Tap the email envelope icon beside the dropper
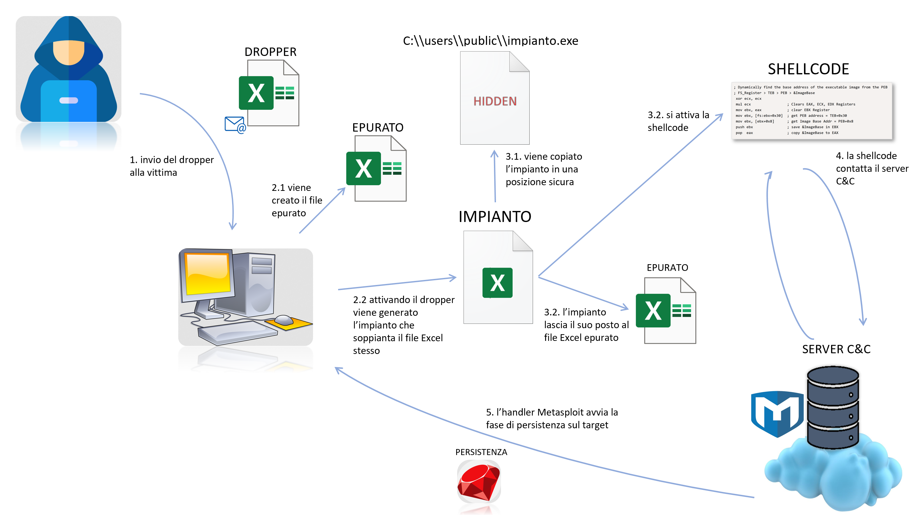[x=235, y=125]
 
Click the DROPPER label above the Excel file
[x=270, y=52]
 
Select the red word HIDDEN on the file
[x=495, y=101]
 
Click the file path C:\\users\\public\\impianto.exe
[x=490, y=41]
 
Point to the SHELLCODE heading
[x=808, y=69]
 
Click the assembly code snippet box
[x=811, y=111]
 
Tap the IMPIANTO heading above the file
[x=495, y=217]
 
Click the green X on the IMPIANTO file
[x=497, y=283]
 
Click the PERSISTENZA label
[x=481, y=452]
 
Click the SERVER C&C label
[x=836, y=349]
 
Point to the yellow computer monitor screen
[x=207, y=273]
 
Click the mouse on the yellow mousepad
[x=284, y=320]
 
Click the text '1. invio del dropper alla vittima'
[x=171, y=166]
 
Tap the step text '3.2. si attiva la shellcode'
[x=678, y=121]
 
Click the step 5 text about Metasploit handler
[x=551, y=418]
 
